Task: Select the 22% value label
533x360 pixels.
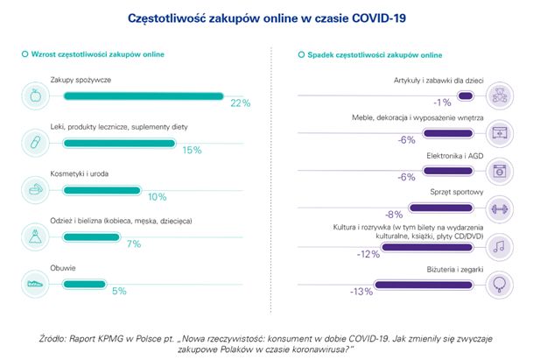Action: point(239,103)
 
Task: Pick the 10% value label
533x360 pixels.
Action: point(157,196)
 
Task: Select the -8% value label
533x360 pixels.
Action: point(394,215)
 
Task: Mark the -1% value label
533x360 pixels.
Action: point(447,102)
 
